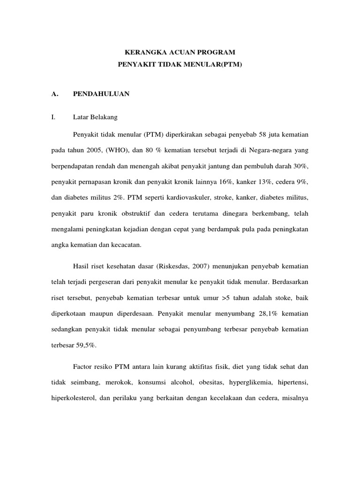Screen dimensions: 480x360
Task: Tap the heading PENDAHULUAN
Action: click(x=101, y=94)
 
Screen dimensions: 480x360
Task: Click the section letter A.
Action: click(x=54, y=94)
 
